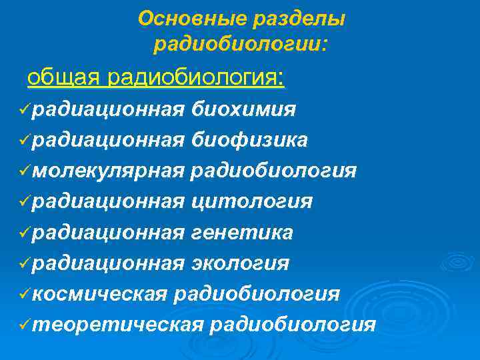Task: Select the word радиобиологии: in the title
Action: coord(241,45)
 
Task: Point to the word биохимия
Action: coord(243,109)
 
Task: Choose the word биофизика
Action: coord(249,139)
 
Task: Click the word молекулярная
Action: coord(107,171)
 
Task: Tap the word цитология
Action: coord(251,201)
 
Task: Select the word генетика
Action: coord(242,232)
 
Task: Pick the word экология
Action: coord(240,263)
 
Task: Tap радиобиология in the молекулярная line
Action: coord(273,171)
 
